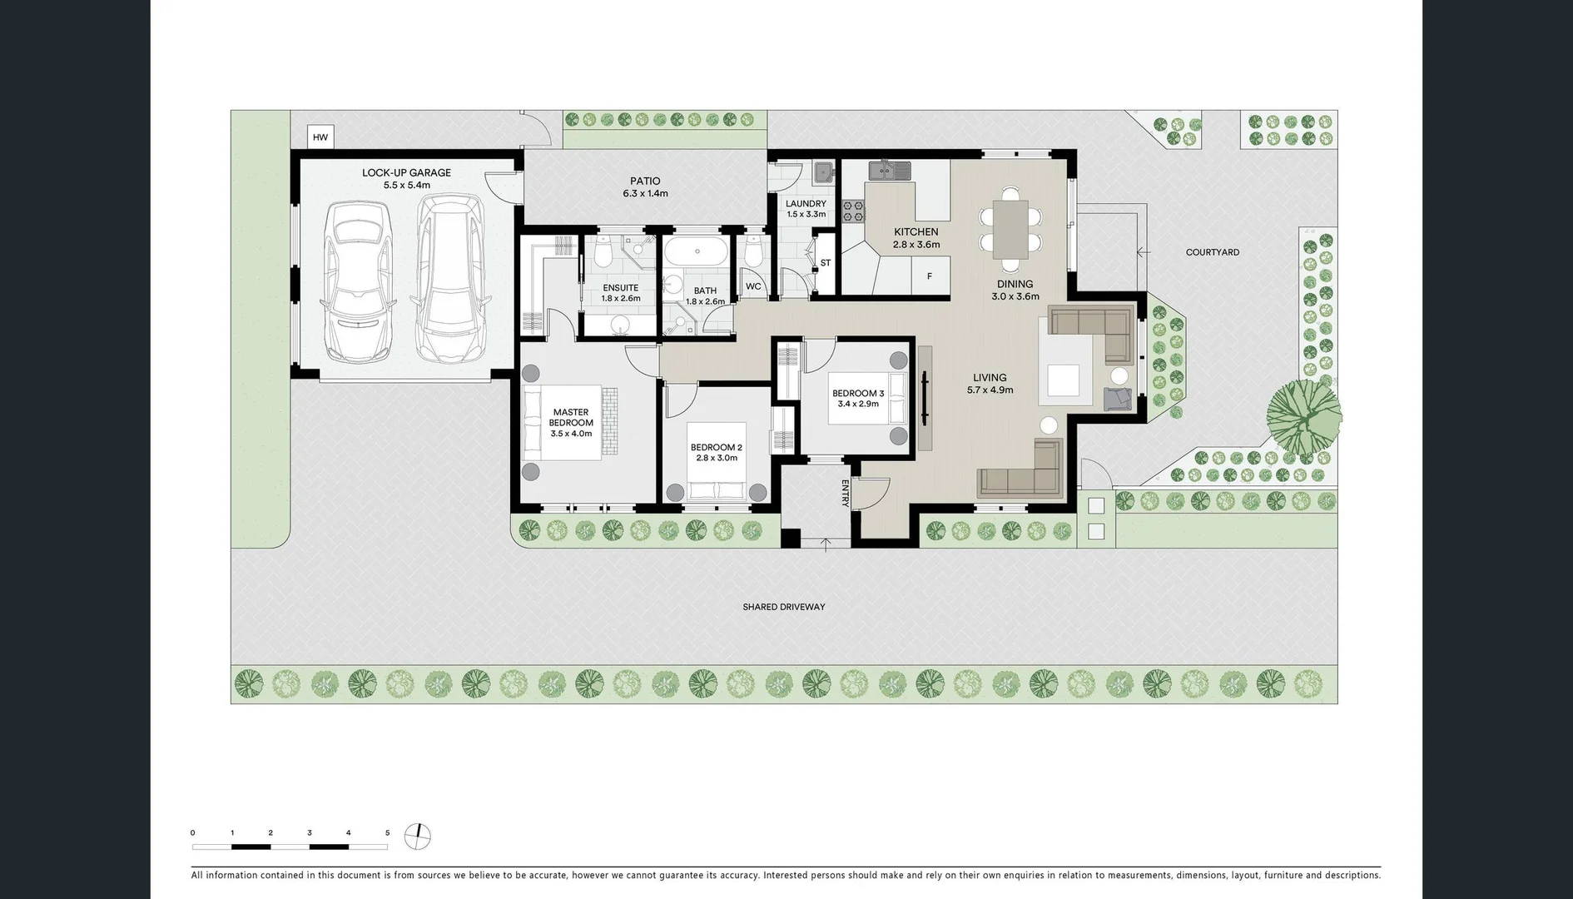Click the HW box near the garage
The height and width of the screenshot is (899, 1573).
coord(320,137)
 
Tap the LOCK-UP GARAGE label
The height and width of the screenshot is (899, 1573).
coord(406,173)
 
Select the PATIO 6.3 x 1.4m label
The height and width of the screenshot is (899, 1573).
coord(645,187)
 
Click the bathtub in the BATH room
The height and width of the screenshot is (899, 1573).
coord(697,250)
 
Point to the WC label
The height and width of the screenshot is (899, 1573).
coord(753,286)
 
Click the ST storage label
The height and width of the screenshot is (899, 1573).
coord(825,263)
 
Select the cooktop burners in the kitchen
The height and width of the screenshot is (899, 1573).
coord(853,210)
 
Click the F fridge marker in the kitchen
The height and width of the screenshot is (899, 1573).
coord(930,276)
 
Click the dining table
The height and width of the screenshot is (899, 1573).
coord(1010,230)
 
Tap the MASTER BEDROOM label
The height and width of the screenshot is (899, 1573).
coord(571,418)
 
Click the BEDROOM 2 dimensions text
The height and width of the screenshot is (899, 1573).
coord(716,458)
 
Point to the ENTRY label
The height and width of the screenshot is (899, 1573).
coord(845,493)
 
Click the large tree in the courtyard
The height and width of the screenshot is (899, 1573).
coord(1303,414)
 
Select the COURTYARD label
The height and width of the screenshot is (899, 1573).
coord(1212,252)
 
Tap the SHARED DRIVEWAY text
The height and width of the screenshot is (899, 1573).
coord(784,607)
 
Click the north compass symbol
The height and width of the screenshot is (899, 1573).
coord(418,836)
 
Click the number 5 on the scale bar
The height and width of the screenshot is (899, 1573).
coord(387,832)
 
